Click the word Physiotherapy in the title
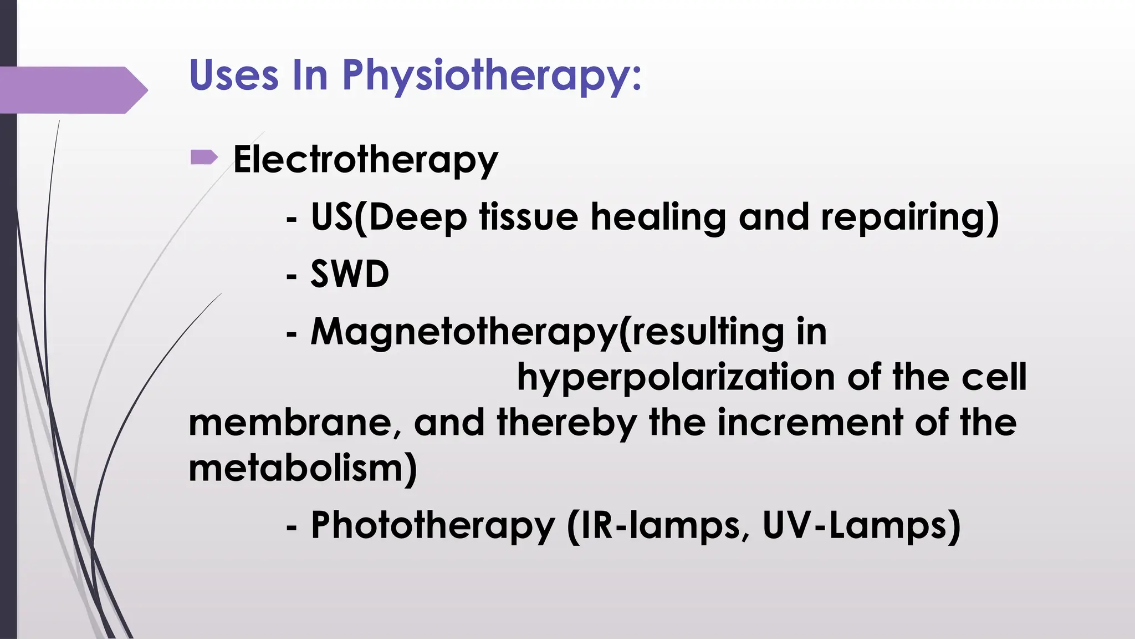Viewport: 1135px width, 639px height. pos(492,76)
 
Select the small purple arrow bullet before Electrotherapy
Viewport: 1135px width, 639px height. pos(203,158)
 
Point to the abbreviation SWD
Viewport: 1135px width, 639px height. pos(350,274)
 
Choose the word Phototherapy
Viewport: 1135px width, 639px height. pos(433,525)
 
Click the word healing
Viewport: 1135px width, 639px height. pos(658,217)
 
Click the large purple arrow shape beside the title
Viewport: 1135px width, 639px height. pos(72,90)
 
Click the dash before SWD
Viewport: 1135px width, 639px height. pos(292,275)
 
